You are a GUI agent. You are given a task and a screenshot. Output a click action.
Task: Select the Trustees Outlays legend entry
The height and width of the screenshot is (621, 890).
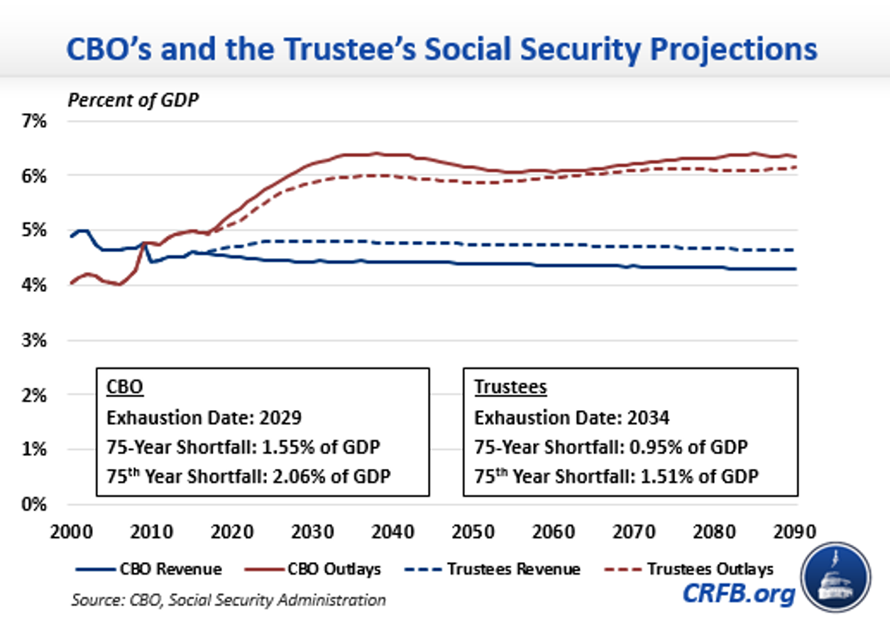point(688,569)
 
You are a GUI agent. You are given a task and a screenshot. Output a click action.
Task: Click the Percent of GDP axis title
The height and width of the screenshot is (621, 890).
point(133,99)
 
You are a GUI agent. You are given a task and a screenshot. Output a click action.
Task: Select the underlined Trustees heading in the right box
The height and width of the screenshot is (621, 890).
point(510,387)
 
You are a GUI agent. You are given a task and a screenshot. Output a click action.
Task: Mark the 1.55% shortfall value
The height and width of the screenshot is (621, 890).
point(287,447)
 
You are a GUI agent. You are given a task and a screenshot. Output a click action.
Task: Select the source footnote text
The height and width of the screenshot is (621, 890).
point(228,600)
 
